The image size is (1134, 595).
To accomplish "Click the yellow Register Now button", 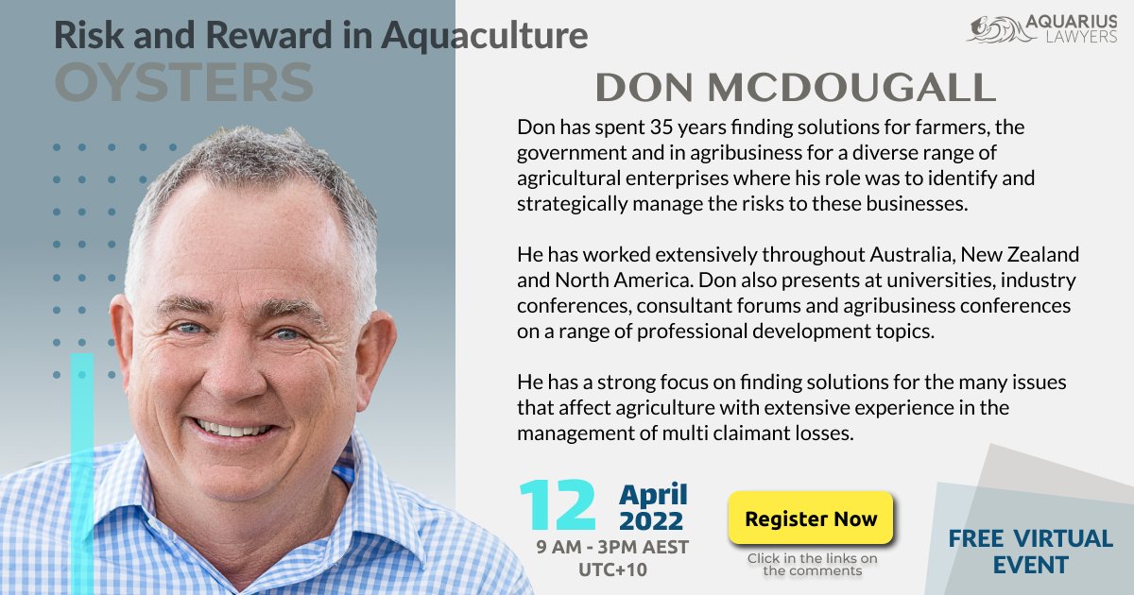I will click(x=810, y=518).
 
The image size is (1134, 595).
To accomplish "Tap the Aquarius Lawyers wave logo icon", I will click(x=992, y=29).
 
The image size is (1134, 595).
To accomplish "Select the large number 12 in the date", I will click(x=558, y=505).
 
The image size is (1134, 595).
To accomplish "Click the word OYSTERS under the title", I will click(x=183, y=83).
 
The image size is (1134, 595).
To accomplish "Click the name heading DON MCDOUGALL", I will click(x=795, y=88).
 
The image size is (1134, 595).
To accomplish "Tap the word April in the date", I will click(x=653, y=494).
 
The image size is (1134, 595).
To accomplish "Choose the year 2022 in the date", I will click(x=651, y=519).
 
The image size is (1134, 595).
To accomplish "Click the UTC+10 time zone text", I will click(x=611, y=570).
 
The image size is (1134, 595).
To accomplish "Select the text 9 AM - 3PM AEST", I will click(x=611, y=548).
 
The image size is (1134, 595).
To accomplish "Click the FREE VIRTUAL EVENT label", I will click(x=1030, y=552).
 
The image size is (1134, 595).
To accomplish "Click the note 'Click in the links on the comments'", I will click(x=812, y=565).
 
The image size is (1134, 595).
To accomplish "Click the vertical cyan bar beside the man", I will click(x=82, y=472).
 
